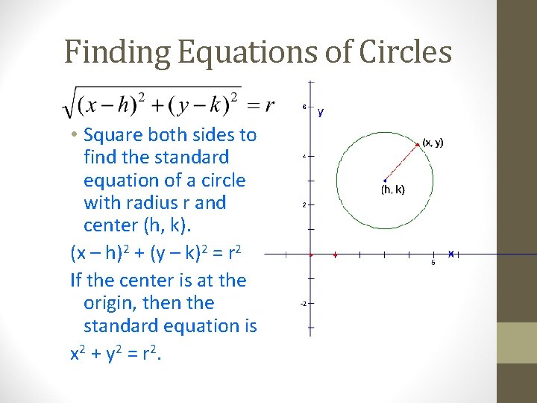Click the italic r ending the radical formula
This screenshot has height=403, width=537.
tap(269, 104)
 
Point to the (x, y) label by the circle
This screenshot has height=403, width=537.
tap(433, 142)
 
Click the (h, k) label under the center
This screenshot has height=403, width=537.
tap(392, 190)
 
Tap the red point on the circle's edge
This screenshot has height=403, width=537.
tap(417, 143)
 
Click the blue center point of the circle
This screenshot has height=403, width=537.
tap(384, 180)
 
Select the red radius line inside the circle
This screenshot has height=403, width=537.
tap(401, 161)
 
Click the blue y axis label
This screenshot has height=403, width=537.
tap(321, 112)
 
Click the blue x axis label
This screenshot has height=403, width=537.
tap(451, 254)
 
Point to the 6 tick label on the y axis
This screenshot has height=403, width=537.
tap(304, 107)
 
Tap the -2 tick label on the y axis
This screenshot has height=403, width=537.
tap(303, 304)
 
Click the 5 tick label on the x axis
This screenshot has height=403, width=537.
tap(433, 263)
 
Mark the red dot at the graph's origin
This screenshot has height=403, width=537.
tap(310, 254)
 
